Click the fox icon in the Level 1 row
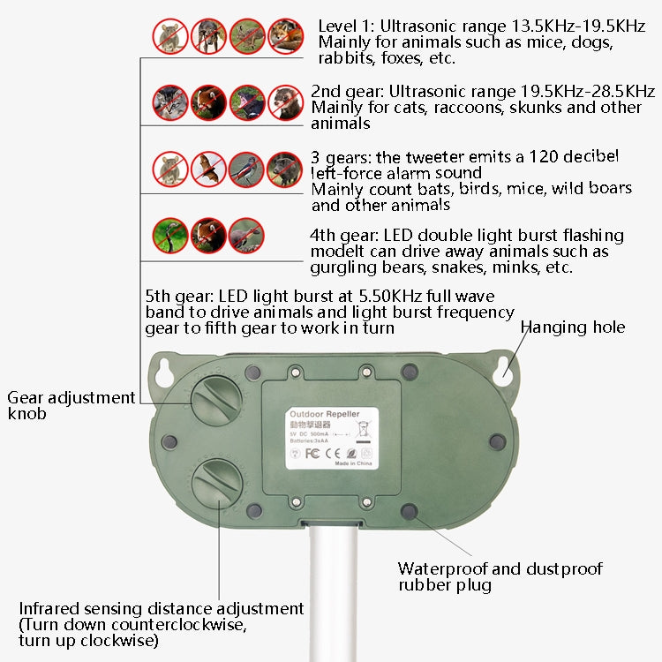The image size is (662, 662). [285, 36]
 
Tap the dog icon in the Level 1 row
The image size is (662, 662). [209, 36]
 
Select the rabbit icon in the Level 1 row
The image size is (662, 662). [247, 36]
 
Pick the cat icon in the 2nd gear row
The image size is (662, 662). [171, 102]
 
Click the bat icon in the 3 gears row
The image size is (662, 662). [209, 169]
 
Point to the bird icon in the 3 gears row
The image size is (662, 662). [247, 169]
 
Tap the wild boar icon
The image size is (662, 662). [285, 169]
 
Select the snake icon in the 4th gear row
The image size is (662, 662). [171, 235]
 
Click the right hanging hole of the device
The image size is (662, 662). [503, 372]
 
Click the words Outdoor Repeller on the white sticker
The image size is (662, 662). [320, 412]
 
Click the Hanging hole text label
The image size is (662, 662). [572, 327]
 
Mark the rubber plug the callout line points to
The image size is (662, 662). [409, 511]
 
